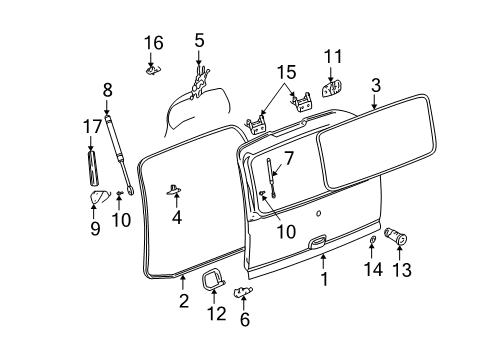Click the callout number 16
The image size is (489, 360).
[152, 42]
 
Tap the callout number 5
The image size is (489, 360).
[199, 40]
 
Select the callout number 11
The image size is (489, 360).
[332, 55]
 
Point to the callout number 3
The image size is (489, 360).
[375, 85]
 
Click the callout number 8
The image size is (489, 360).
[107, 90]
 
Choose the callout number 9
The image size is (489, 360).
[95, 228]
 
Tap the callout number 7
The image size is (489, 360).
[288, 157]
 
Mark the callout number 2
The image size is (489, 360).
[183, 299]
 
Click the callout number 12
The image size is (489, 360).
[212, 314]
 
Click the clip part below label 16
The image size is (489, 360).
[152, 69]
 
